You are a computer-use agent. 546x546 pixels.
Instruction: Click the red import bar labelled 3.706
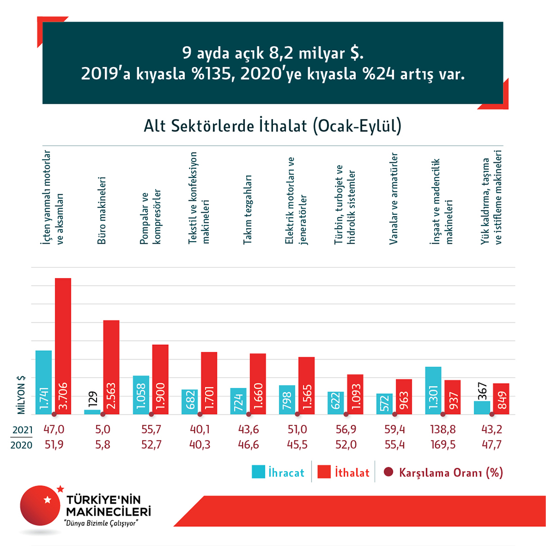pyautogui.click(x=63, y=346)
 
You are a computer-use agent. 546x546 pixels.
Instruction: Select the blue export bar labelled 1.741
pyautogui.click(x=43, y=382)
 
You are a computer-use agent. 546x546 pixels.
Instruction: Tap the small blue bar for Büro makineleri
pyautogui.click(x=92, y=412)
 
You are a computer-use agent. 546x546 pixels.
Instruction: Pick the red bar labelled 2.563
pyautogui.click(x=111, y=367)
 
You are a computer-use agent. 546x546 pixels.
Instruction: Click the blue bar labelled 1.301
pyautogui.click(x=433, y=390)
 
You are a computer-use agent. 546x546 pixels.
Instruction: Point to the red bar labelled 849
pyautogui.click(x=501, y=398)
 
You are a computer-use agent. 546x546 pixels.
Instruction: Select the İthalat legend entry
pyautogui.click(x=344, y=473)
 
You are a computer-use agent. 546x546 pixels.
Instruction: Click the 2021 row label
pyautogui.click(x=22, y=430)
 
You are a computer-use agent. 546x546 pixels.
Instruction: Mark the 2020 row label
pyautogui.click(x=22, y=445)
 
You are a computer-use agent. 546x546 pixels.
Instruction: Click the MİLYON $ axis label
pyautogui.click(x=22, y=394)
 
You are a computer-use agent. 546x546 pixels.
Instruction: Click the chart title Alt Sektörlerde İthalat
pyautogui.click(x=273, y=126)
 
